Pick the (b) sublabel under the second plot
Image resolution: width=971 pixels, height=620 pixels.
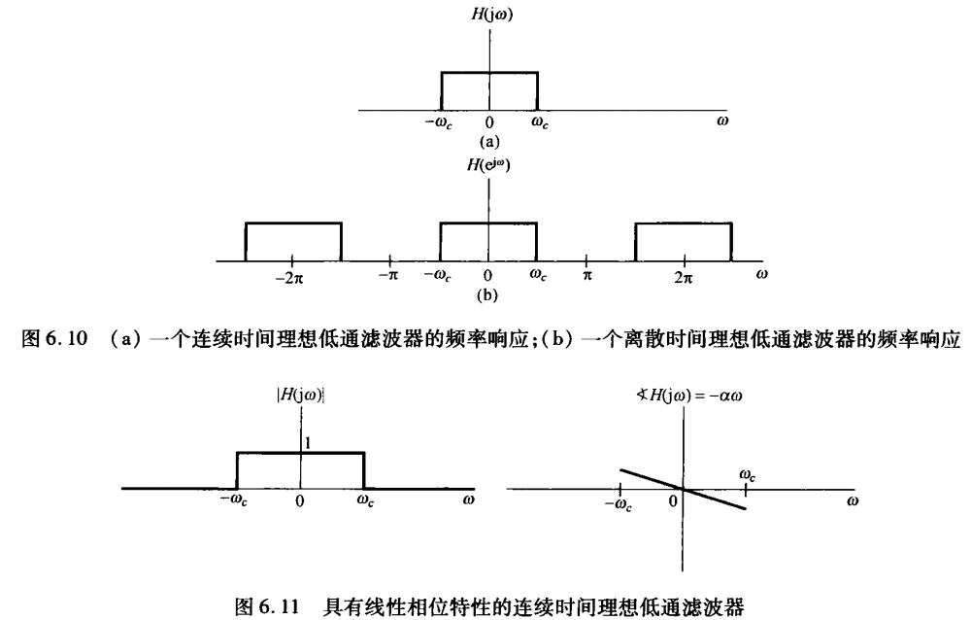coord(489,293)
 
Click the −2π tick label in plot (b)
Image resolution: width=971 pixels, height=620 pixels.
coord(291,276)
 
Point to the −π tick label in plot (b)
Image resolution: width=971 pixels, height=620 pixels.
coord(388,276)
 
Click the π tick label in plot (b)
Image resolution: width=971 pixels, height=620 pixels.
coord(586,276)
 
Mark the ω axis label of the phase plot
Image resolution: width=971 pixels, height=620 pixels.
coord(853,503)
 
